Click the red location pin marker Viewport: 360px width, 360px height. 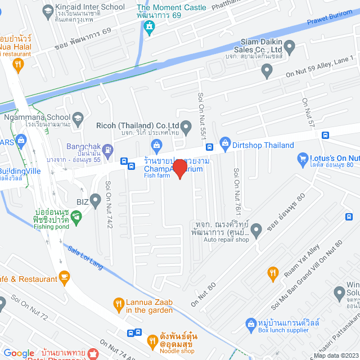point(179,169)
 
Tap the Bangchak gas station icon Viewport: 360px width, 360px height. point(109,148)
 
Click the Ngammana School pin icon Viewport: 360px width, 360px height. point(78,119)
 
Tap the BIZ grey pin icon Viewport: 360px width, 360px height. point(96,199)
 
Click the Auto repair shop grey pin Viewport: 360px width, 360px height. point(256,229)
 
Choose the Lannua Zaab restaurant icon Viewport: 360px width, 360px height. point(118,305)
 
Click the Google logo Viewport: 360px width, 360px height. point(19,353)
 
